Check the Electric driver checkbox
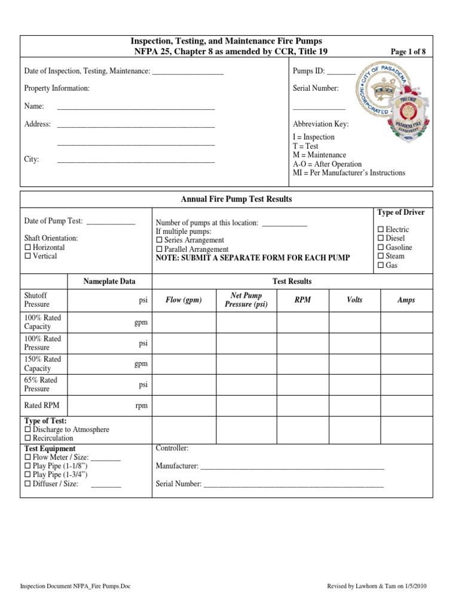381,230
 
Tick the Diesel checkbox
381,239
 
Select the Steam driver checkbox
381,257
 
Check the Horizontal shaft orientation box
27,248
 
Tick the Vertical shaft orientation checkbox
27,257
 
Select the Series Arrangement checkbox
159,240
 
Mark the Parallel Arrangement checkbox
159,249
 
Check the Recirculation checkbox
27,439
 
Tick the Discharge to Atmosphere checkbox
27,430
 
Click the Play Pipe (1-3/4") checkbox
27,475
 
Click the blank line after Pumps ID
341,72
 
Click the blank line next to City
136,161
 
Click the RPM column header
303,300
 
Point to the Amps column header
406,300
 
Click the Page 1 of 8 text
408,52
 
